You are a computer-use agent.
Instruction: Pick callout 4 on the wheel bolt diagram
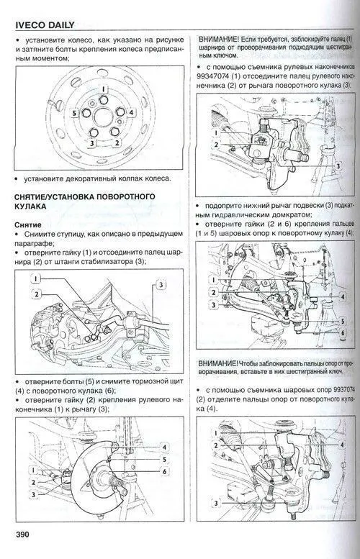coord(130,113)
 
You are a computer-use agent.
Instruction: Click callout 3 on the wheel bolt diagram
coord(91,143)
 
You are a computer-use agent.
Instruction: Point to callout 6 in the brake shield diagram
coord(164,471)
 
